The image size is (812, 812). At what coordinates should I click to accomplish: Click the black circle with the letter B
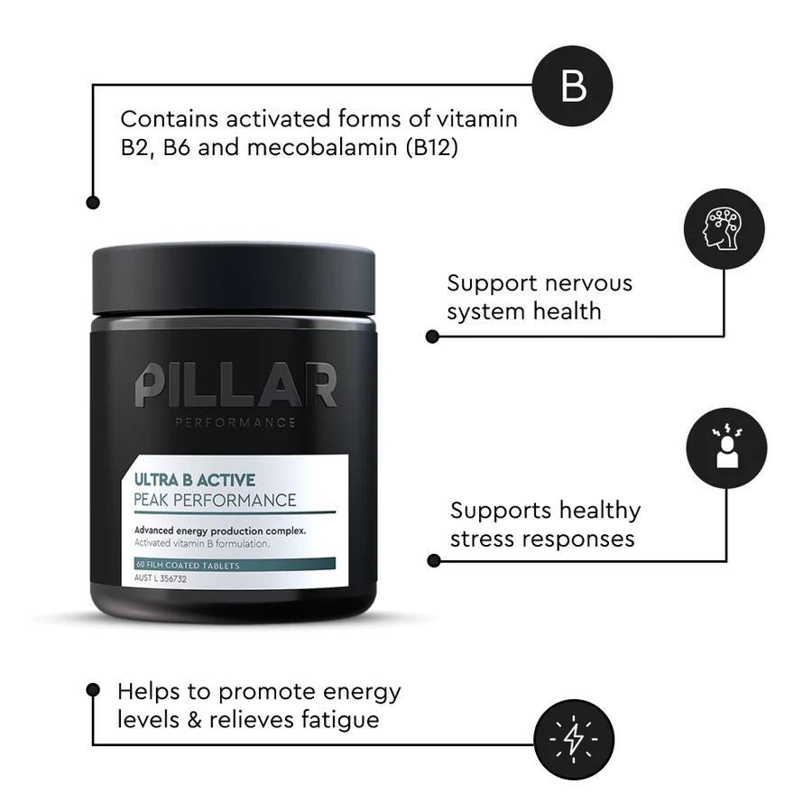click(x=572, y=87)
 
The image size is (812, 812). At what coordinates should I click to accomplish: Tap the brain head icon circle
click(x=724, y=229)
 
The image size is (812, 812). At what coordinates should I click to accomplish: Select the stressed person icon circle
click(x=726, y=448)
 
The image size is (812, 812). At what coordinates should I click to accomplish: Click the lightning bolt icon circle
click(x=573, y=741)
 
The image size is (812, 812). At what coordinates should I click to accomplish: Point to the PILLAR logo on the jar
click(x=236, y=386)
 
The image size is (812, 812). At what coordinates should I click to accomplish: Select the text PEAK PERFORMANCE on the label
click(x=215, y=500)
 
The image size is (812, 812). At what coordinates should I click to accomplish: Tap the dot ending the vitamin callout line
click(x=92, y=202)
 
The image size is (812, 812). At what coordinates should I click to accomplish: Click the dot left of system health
click(x=432, y=337)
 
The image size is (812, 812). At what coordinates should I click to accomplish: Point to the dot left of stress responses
click(x=434, y=560)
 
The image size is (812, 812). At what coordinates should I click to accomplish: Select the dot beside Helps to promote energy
click(x=92, y=690)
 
